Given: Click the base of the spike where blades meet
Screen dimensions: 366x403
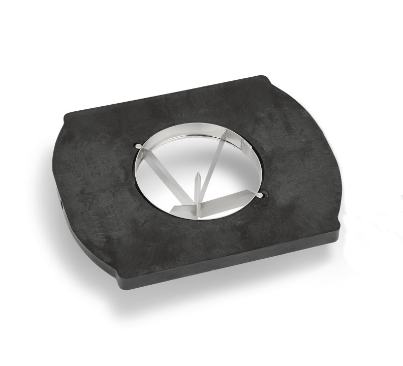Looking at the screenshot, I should click(197, 203).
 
